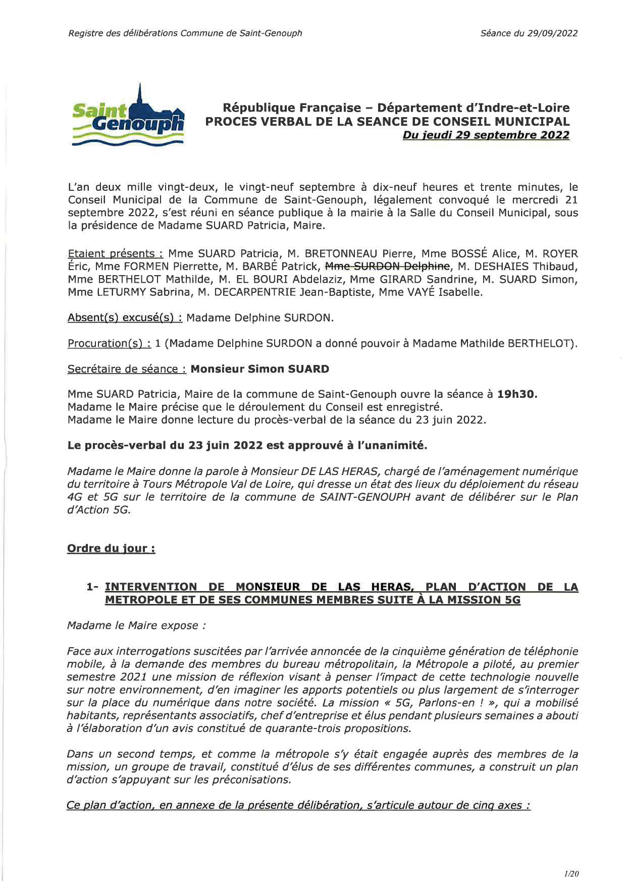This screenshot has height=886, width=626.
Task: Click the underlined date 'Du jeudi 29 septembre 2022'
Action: coord(486,135)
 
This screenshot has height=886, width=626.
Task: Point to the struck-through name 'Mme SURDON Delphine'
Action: coord(387,267)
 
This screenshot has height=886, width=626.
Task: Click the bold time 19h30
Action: coord(517,394)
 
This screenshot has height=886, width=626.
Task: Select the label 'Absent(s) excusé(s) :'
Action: coord(125,318)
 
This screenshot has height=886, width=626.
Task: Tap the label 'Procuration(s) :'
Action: coord(109,343)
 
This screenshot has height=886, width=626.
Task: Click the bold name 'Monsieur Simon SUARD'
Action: coord(259,369)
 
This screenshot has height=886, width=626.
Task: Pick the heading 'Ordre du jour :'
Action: coord(111,548)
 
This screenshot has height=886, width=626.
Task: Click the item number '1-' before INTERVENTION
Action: coord(93,587)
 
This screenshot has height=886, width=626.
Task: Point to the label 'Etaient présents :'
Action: coord(116,253)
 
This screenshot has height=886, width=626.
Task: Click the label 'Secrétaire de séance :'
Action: coord(127,369)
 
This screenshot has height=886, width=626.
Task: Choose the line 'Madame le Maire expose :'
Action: coord(136,626)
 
